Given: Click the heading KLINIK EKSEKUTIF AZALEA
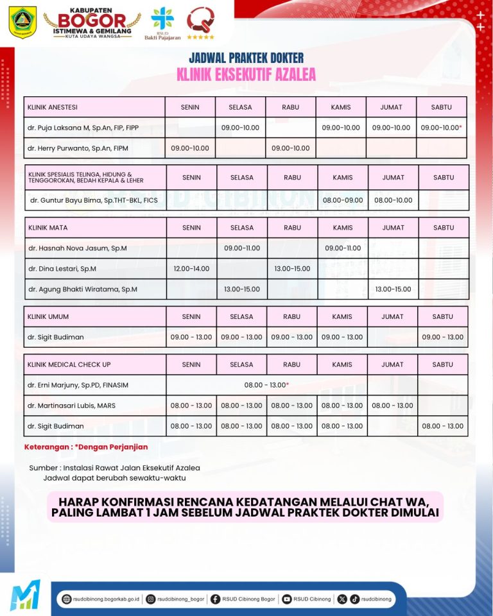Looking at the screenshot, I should pyautogui.click(x=246, y=75).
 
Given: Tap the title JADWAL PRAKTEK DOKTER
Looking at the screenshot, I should pyautogui.click(x=246, y=58).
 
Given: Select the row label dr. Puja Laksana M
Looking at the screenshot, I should pyautogui.click(x=83, y=128).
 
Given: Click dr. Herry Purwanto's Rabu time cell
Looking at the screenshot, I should pyautogui.click(x=290, y=148).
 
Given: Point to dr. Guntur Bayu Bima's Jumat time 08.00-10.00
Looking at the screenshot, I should pyautogui.click(x=393, y=200).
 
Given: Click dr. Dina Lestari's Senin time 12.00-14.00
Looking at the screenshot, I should pyautogui.click(x=191, y=269).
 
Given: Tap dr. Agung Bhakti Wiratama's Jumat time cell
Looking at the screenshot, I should pyautogui.click(x=393, y=289).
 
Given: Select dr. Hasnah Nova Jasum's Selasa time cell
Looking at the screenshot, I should pyautogui.click(x=242, y=248).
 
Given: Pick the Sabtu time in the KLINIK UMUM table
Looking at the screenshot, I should pyautogui.click(x=442, y=338).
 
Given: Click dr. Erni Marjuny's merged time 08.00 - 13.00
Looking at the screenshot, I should pyautogui.click(x=267, y=385).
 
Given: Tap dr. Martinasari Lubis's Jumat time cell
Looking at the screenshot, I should pyautogui.click(x=392, y=406).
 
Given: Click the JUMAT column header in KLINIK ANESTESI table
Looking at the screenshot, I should pyautogui.click(x=391, y=107).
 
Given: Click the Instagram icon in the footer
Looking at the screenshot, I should pyautogui.click(x=151, y=599).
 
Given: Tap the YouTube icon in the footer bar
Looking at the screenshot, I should pyautogui.click(x=286, y=599).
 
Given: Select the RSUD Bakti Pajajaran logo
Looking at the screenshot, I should pyautogui.click(x=162, y=22).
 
